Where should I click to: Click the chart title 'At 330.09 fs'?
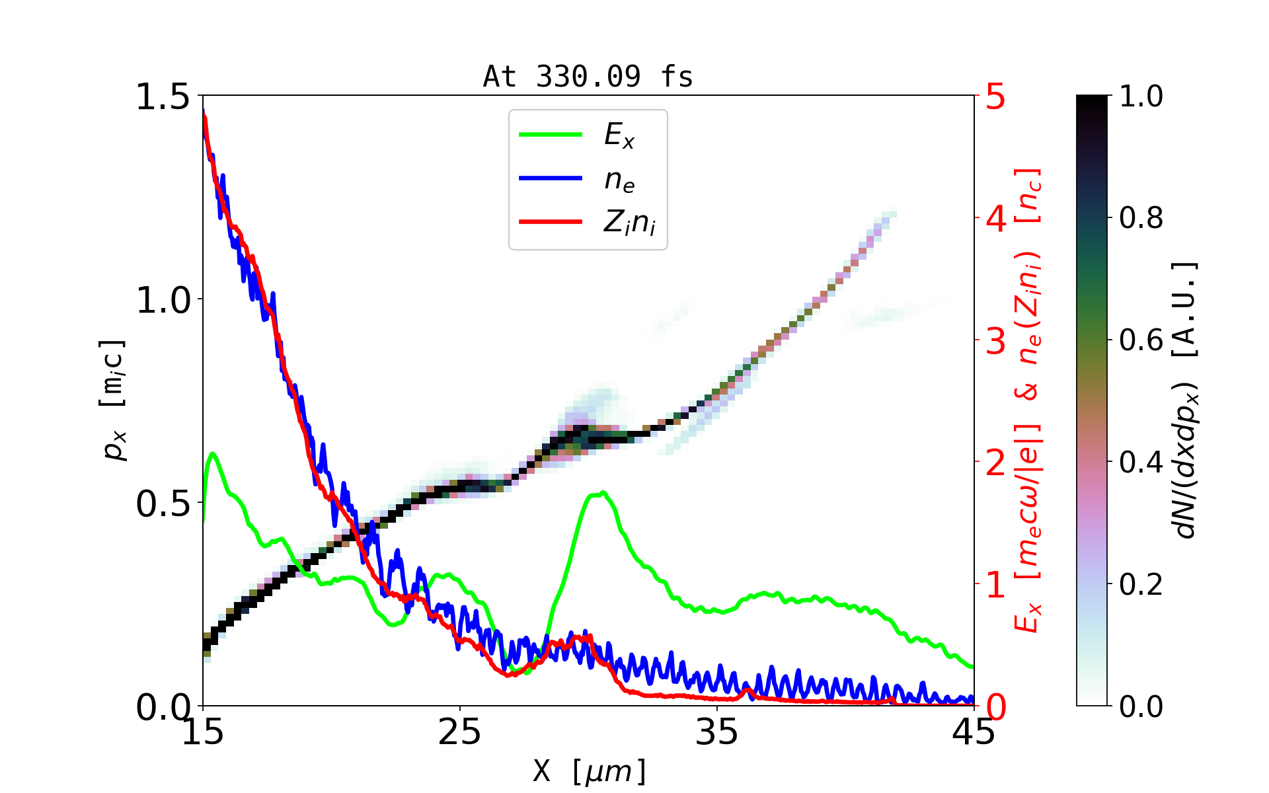(x=588, y=77)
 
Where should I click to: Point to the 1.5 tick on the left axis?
(x=163, y=96)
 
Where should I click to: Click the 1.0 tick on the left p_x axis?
(x=163, y=300)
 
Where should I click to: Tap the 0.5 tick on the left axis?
(x=163, y=504)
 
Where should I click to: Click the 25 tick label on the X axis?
(x=460, y=732)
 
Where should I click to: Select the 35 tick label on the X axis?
(x=717, y=732)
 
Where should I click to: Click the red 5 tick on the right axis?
(x=995, y=96)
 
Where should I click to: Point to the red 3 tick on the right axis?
(x=995, y=341)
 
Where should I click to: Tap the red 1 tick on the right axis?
(x=995, y=585)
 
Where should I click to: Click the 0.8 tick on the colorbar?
(x=1141, y=218)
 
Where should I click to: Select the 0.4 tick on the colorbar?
(x=1141, y=463)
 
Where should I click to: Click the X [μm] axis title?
(x=590, y=771)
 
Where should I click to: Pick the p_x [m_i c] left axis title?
(x=114, y=400)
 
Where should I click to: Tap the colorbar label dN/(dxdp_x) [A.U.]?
(x=1186, y=400)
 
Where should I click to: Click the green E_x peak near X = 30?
(x=601, y=492)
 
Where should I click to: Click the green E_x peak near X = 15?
(x=213, y=453)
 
